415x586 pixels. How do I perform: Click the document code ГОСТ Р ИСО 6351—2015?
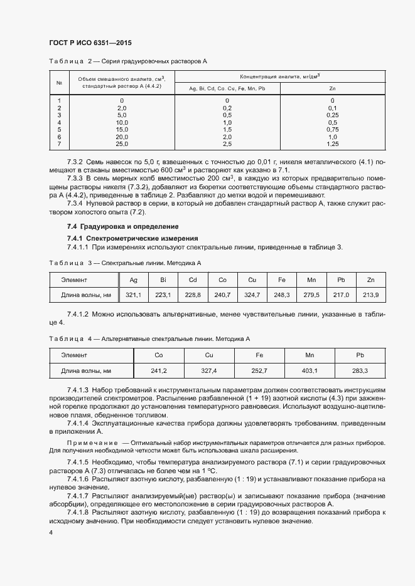[x=90, y=43]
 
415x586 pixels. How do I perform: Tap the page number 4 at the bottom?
[x=51, y=532]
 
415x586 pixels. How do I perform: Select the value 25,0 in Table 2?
[x=122, y=144]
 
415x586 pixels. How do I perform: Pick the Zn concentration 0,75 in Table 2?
[x=333, y=130]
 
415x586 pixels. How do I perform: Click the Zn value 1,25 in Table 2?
[x=333, y=144]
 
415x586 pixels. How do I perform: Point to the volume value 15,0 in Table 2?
[x=122, y=130]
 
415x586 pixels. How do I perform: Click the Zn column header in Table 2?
[x=333, y=88]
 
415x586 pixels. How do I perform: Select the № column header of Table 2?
[x=58, y=82]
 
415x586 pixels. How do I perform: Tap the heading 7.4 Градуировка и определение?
[x=122, y=226]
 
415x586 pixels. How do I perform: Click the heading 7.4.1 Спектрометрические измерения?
[x=132, y=238]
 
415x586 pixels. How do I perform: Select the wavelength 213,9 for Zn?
[x=371, y=295]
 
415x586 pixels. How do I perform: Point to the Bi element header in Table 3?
[x=163, y=280]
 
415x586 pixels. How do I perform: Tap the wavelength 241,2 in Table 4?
[x=159, y=370]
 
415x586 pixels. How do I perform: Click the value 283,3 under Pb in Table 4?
[x=360, y=370]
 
